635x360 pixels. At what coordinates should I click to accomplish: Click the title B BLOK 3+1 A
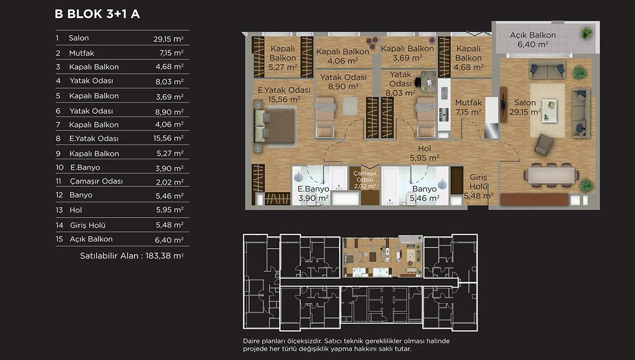tap(97, 14)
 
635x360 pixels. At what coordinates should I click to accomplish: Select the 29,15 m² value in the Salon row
tap(168, 39)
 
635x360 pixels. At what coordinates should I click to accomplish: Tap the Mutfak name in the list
tap(81, 53)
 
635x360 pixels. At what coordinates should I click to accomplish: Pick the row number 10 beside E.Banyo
tap(59, 167)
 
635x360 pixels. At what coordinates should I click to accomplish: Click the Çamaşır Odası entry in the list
tap(96, 181)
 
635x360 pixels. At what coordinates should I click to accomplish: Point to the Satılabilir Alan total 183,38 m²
tap(132, 256)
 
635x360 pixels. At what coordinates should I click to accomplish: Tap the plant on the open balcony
tap(586, 33)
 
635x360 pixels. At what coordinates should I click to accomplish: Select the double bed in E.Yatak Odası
tap(275, 126)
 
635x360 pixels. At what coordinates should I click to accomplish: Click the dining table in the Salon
tap(551, 175)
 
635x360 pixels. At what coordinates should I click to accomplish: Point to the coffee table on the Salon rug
tap(549, 111)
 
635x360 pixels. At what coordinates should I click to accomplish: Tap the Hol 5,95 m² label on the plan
tap(424, 153)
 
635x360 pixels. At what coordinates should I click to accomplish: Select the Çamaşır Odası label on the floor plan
tap(365, 180)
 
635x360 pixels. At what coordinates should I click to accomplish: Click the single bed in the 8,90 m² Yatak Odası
tap(325, 118)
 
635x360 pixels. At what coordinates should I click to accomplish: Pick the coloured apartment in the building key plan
tap(382, 256)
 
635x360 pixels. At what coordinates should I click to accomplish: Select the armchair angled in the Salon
tap(544, 145)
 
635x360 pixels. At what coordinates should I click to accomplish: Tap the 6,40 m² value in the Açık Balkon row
tap(169, 240)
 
